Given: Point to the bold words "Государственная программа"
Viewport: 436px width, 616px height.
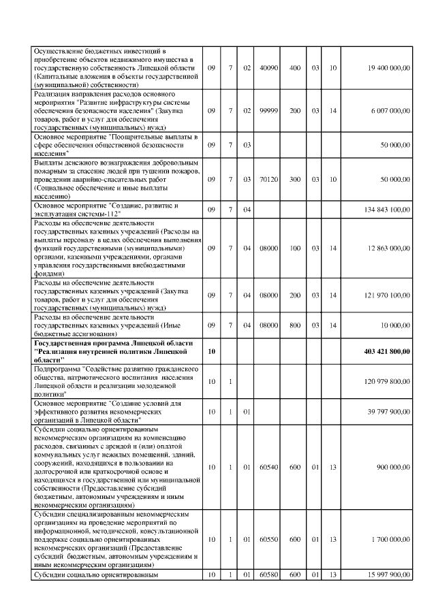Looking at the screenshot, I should pos(76,343).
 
